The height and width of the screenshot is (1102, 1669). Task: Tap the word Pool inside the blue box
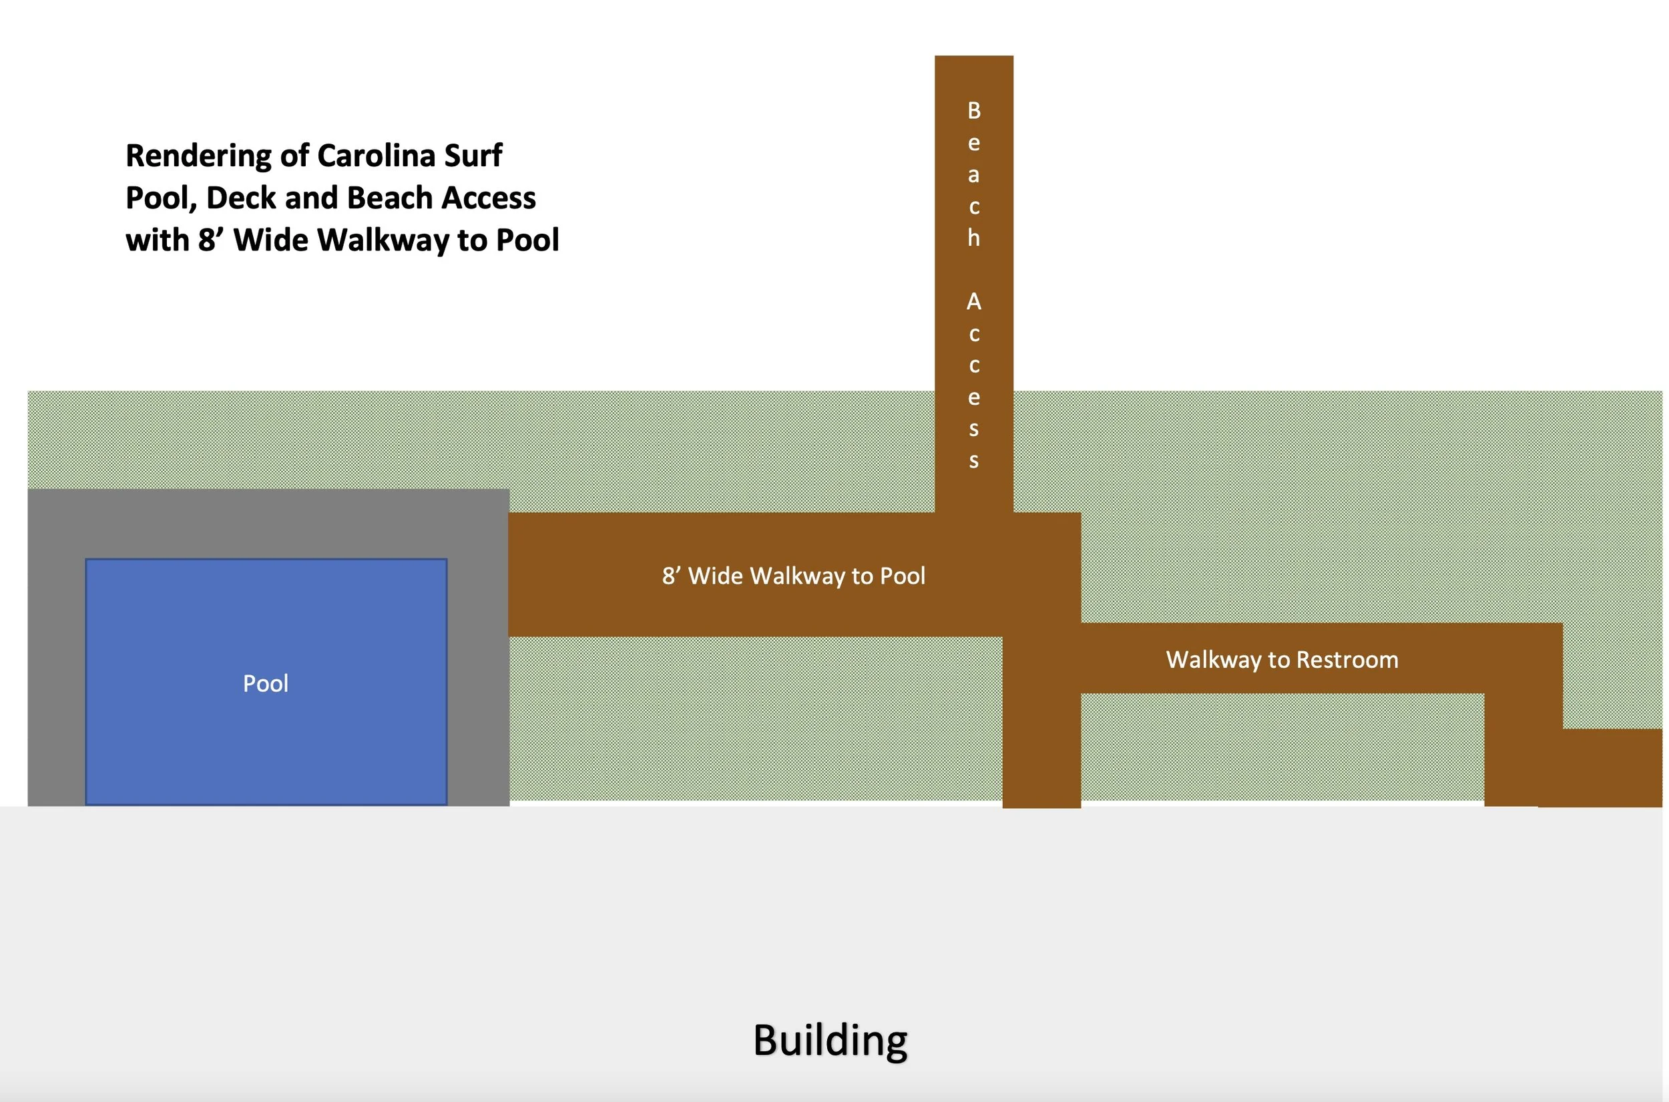click(x=266, y=683)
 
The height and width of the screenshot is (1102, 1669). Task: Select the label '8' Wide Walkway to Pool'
click(x=793, y=576)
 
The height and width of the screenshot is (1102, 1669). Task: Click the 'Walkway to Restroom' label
click(x=1282, y=660)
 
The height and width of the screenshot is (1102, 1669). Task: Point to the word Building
click(x=830, y=1041)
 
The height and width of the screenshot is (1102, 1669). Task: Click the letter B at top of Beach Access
click(x=973, y=111)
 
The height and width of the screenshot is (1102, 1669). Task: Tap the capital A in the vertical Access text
click(x=973, y=301)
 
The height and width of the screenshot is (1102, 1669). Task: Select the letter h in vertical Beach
click(x=973, y=238)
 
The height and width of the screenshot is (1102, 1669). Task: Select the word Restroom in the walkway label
click(x=1347, y=660)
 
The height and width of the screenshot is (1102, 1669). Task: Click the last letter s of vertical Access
click(x=973, y=461)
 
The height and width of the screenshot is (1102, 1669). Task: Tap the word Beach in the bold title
click(x=390, y=198)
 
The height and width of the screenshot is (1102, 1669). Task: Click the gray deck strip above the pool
click(x=267, y=524)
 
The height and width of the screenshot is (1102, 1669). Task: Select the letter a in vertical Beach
click(x=973, y=175)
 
